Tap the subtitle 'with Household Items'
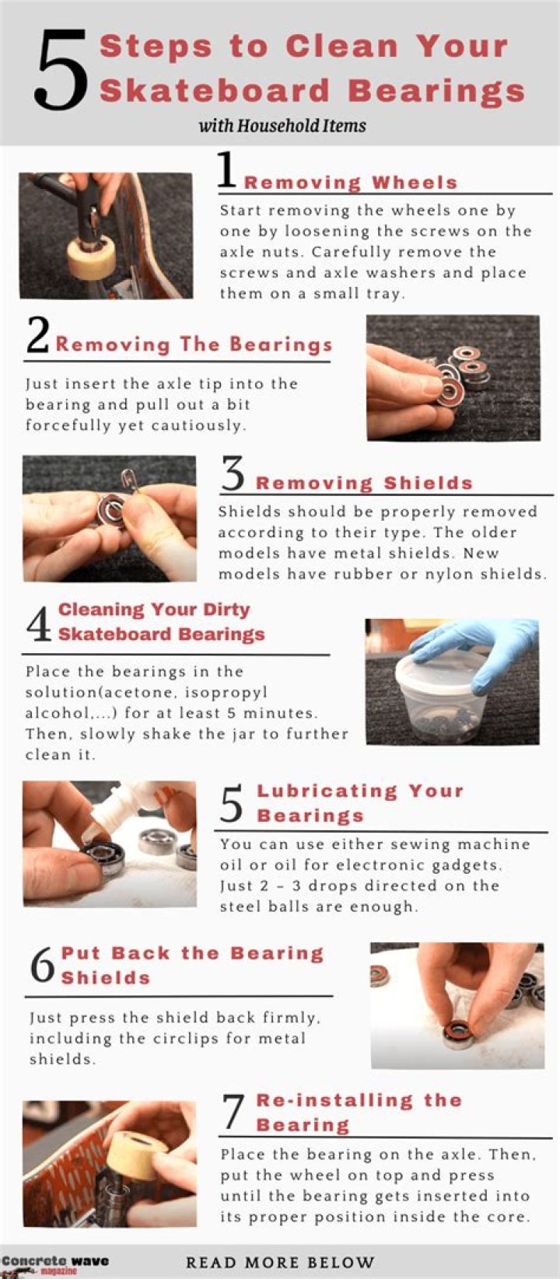pos(282,125)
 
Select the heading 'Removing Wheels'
pos(351,182)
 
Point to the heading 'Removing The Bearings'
pos(194,344)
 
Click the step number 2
pos(37,337)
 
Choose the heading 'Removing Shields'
pos(364,483)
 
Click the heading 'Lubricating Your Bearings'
pos(359,803)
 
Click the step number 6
pos(42,966)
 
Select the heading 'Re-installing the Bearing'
pos(359,1113)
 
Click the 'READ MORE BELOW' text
pos(280,1263)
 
